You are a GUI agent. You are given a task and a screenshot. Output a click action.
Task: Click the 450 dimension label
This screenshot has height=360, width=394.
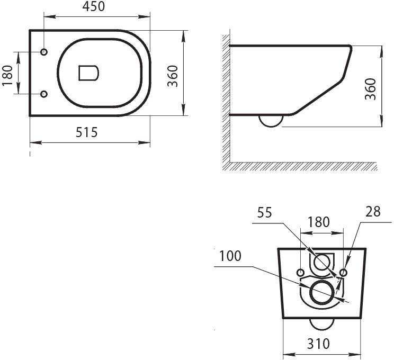pyautogui.click(x=94, y=7)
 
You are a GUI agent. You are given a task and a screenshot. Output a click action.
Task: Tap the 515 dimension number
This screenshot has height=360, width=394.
pyautogui.click(x=86, y=132)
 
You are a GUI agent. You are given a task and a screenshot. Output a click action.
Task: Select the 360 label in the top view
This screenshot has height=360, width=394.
pyautogui.click(x=173, y=76)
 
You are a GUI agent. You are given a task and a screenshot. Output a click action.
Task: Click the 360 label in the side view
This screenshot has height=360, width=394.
pyautogui.click(x=371, y=89)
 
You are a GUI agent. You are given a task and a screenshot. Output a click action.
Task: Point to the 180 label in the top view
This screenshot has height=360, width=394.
pyautogui.click(x=7, y=75)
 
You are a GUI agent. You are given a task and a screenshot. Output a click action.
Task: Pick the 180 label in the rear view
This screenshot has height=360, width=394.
pyautogui.click(x=318, y=222)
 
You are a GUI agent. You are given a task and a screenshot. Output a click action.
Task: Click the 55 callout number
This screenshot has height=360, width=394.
pyautogui.click(x=264, y=212)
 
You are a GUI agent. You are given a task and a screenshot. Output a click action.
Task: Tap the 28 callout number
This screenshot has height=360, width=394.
pyautogui.click(x=373, y=211)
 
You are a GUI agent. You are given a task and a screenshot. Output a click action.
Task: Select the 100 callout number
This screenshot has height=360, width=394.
pyautogui.click(x=230, y=256)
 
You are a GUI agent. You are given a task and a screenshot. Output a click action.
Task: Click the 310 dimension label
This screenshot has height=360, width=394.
pyautogui.click(x=318, y=344)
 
